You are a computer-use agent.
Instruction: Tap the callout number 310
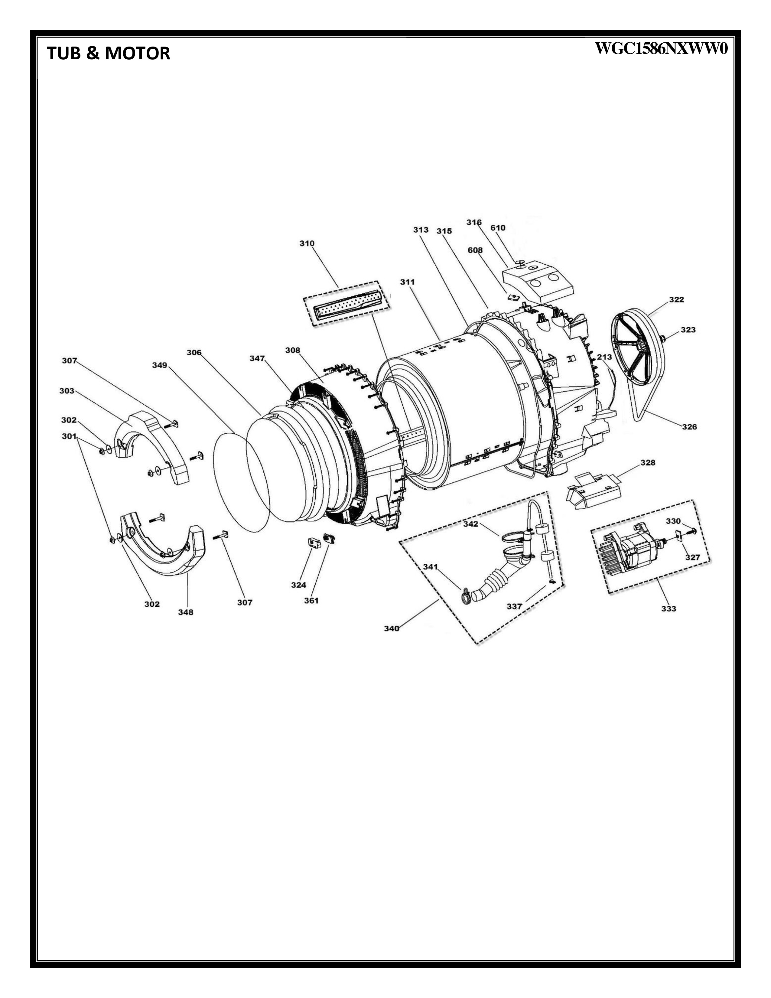(307, 243)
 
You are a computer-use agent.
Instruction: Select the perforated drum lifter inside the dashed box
(347, 303)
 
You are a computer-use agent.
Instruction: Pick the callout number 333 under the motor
(669, 609)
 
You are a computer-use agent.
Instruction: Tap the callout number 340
(392, 628)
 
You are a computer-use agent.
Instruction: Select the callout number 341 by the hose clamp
(430, 567)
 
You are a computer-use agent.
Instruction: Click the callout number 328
(648, 463)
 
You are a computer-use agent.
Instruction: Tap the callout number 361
(311, 601)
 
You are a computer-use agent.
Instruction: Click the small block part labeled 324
(312, 543)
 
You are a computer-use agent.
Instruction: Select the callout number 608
(475, 250)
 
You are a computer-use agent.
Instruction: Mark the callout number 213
(604, 357)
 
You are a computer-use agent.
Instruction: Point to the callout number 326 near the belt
(689, 427)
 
